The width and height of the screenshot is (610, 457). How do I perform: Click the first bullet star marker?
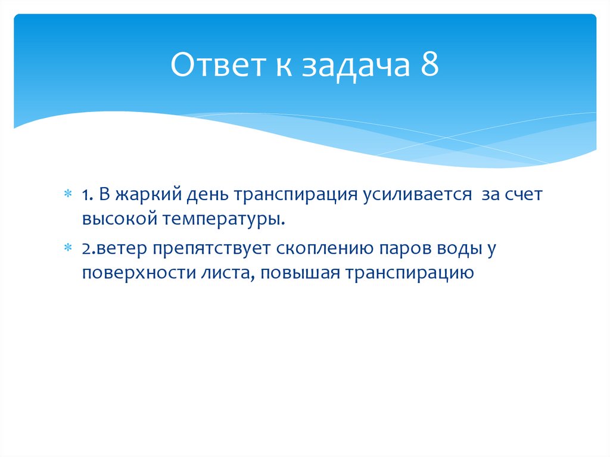point(69,195)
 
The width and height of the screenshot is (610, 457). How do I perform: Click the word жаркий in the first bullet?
point(149,195)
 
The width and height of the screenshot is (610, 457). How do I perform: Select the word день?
point(209,195)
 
